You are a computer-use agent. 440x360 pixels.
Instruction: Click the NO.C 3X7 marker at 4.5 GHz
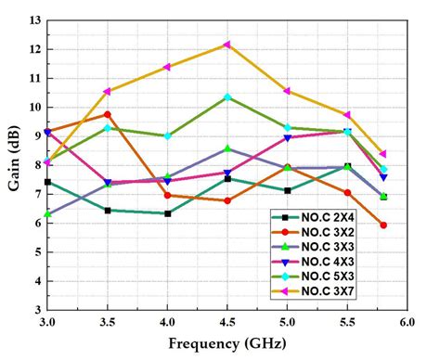pos(227,45)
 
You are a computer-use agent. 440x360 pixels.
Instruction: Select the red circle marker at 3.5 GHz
pos(108,114)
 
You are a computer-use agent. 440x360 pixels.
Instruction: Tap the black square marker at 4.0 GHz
pos(167,213)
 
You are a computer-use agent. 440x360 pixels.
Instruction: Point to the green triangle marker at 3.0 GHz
pos(47,214)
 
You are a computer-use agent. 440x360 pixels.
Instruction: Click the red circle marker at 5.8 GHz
pos(383,225)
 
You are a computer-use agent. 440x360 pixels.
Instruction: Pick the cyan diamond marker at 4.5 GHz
pos(227,96)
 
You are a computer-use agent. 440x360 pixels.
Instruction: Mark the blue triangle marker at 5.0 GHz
pos(288,137)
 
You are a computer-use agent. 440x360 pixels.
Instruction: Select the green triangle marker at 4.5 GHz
pos(227,148)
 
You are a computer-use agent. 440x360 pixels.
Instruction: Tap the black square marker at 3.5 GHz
pos(108,211)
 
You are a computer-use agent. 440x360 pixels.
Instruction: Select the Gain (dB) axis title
pos(12,167)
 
